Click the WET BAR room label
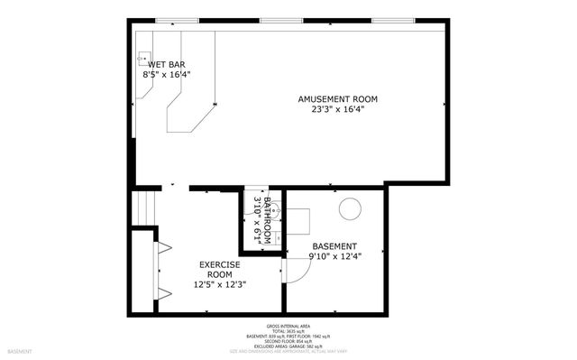tap(168, 65)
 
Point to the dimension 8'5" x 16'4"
tap(167, 76)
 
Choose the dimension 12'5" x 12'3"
tap(220, 284)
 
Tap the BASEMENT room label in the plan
tap(334, 246)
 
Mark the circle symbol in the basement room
tap(349, 208)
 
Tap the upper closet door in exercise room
tap(165, 246)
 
